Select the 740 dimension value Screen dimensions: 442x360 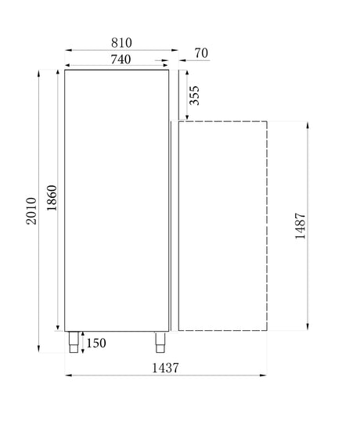[121, 58]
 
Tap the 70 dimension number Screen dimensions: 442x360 [200, 54]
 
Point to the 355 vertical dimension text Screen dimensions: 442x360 [196, 95]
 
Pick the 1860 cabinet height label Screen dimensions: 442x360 [51, 199]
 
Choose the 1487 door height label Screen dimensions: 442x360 [300, 226]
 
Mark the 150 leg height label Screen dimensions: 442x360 [96, 343]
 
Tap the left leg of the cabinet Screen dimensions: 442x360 [74, 342]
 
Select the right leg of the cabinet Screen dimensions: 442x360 [160, 342]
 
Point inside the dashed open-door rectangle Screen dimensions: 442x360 [223, 226]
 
